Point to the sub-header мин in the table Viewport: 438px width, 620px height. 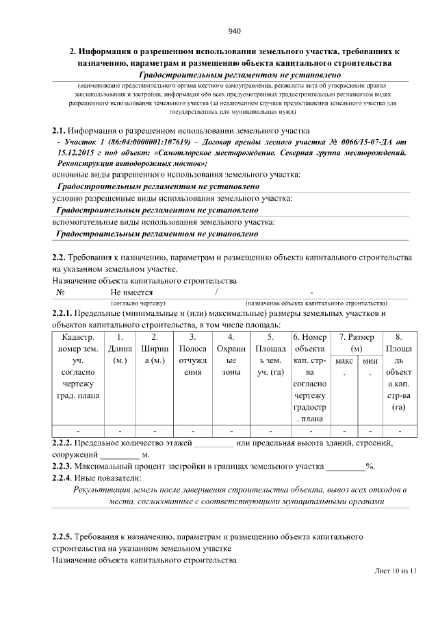tap(370, 360)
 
